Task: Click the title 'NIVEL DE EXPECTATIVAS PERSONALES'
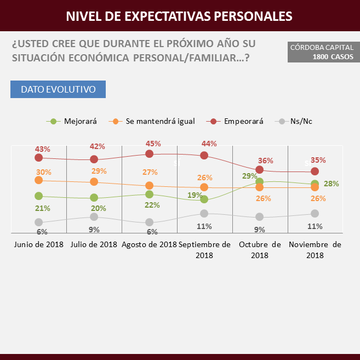179,16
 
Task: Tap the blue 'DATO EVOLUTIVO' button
58,89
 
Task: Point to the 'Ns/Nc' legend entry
296,121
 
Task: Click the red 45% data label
153,144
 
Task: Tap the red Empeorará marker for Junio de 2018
38,158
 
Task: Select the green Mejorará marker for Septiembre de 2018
204,199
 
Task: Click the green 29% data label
250,175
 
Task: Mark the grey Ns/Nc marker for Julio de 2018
94,217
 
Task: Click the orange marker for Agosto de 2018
149,186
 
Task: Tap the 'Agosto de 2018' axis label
149,244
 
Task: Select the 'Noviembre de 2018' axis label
315,249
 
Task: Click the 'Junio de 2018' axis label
39,244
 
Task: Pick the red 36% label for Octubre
266,161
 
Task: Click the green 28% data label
331,184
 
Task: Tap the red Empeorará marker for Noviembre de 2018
315,172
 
